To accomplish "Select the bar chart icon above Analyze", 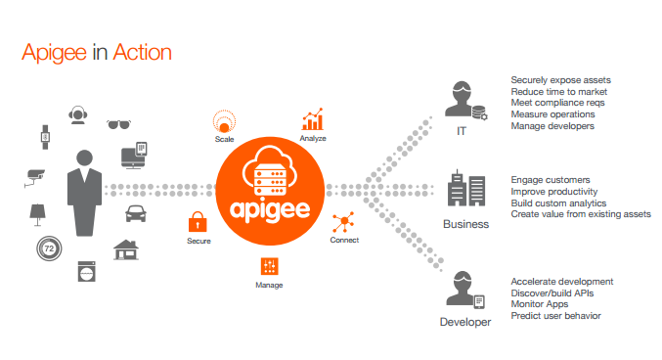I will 312,120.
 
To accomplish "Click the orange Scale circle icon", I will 225,122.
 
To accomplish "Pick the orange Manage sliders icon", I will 270,265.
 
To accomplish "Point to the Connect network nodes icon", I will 344,221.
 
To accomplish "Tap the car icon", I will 136,214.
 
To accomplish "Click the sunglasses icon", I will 118,124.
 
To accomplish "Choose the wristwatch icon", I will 45,138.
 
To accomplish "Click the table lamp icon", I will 37,212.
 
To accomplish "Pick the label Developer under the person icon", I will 465,321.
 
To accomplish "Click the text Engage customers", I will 551,180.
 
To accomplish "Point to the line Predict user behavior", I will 555,315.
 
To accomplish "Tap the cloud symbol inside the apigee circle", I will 269,157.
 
